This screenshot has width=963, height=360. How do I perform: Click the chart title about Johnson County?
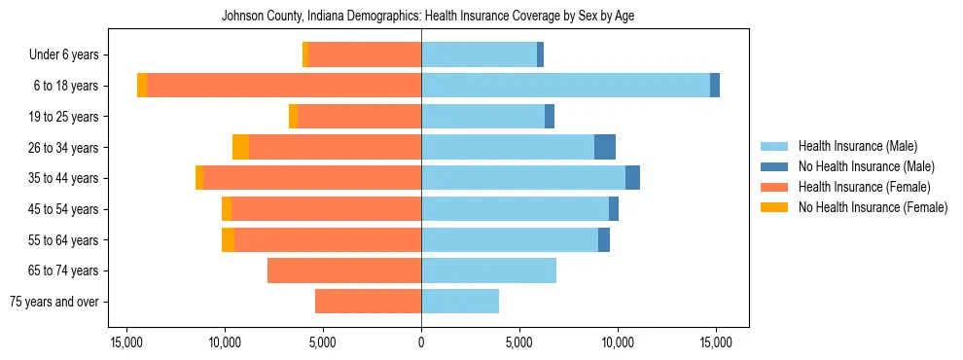click(427, 17)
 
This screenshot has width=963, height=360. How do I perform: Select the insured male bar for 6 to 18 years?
click(565, 86)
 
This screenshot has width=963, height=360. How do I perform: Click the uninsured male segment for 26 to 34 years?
click(605, 147)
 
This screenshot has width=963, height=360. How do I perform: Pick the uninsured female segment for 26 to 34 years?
click(240, 147)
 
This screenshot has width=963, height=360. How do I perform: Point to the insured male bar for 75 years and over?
click(460, 302)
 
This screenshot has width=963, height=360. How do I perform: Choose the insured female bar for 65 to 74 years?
click(344, 270)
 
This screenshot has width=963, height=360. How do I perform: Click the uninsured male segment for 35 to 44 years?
click(632, 178)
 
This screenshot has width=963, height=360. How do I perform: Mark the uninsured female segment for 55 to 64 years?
click(228, 240)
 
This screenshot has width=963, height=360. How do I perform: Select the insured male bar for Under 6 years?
click(479, 54)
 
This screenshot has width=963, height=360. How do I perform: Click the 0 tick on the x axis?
click(421, 342)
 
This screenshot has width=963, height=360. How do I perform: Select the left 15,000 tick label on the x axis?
click(126, 342)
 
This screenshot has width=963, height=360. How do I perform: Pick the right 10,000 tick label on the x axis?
click(618, 342)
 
